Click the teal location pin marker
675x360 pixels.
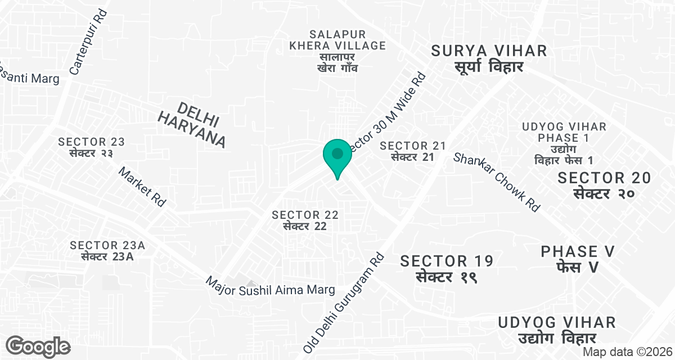pos(337,156)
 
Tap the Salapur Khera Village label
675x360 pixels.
pos(337,51)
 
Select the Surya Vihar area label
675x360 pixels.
pos(489,58)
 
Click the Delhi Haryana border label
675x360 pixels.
pos(191,125)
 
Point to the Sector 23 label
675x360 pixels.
pos(91,147)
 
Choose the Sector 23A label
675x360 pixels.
pos(107,250)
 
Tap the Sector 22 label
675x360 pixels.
pos(305,220)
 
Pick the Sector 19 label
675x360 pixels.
pos(447,268)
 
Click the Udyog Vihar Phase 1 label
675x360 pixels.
pos(564,143)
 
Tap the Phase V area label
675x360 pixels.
pos(578,259)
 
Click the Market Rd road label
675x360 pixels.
pos(143,187)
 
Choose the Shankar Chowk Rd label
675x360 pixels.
pos(496,182)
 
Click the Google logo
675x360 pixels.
pos(38,346)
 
